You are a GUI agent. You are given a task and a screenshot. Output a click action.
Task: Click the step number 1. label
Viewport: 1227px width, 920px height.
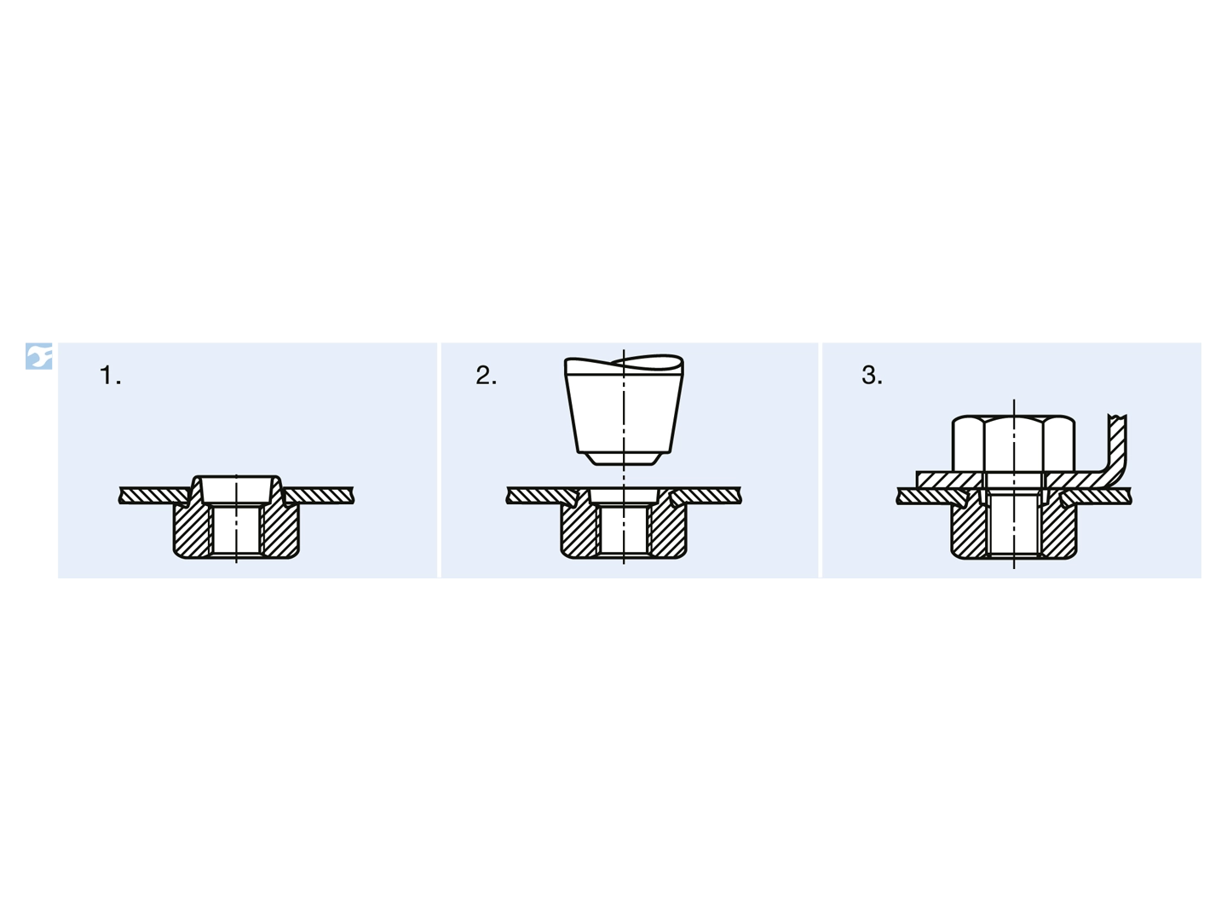[x=110, y=375]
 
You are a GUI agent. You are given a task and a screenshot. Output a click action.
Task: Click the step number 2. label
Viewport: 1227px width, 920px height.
[x=486, y=375]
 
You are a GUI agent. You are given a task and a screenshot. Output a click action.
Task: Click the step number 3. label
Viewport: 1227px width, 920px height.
[x=872, y=375]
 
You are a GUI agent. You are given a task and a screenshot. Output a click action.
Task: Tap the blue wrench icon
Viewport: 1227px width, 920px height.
[x=38, y=356]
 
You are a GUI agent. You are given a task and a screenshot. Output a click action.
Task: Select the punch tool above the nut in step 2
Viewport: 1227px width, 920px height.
[x=624, y=410]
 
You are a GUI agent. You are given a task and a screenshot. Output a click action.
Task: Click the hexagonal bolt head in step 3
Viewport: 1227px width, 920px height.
[x=1013, y=444]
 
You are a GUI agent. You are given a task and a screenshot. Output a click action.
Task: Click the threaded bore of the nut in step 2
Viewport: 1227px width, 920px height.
[x=624, y=530]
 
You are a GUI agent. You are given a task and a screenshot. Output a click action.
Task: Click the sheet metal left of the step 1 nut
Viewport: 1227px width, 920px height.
[x=153, y=496]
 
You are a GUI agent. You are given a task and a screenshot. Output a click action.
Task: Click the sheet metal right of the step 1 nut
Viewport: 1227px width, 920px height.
[x=320, y=496]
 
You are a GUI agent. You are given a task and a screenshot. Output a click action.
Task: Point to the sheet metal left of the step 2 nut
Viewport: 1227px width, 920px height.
[x=541, y=496]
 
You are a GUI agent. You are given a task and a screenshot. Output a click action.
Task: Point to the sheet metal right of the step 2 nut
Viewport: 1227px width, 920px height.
[x=706, y=496]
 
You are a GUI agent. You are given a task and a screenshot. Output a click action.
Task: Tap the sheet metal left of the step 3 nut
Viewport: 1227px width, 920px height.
[x=931, y=496]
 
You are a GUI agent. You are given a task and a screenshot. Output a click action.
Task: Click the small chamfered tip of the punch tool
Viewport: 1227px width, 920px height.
[x=624, y=458]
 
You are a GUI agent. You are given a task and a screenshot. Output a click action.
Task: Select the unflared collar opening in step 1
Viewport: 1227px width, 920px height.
[x=237, y=489]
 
